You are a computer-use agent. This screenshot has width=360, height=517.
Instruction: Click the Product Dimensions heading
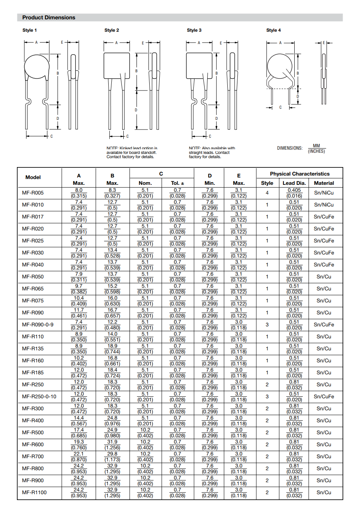tap(49, 17)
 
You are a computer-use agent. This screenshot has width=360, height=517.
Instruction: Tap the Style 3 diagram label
tap(194, 30)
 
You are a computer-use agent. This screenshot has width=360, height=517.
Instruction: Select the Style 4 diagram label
tap(273, 30)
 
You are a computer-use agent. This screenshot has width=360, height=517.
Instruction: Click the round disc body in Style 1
tap(37, 67)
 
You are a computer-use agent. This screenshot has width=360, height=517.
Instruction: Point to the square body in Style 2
tap(116, 66)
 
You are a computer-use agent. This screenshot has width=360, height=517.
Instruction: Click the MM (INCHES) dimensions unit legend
tap(316, 148)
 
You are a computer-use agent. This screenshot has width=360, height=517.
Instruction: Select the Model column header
tap(33, 177)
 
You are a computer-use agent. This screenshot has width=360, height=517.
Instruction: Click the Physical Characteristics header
tap(300, 174)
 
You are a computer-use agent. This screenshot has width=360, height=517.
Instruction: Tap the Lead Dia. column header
tap(294, 183)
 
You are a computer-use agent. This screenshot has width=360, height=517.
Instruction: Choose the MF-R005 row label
tap(33, 193)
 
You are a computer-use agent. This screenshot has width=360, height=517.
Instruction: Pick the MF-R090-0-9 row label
tap(38, 324)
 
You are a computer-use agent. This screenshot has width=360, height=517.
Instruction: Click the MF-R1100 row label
tap(34, 492)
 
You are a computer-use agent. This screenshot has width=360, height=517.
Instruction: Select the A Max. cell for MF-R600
tap(79, 444)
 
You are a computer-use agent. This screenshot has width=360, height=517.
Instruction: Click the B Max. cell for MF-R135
tap(112, 348)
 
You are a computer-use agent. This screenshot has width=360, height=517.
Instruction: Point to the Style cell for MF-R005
tap(267, 193)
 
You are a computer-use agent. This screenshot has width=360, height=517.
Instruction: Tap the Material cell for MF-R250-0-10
tap(324, 396)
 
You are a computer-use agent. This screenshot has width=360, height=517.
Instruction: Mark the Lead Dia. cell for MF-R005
tap(294, 193)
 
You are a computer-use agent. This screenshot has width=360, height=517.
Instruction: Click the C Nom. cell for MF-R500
tap(145, 432)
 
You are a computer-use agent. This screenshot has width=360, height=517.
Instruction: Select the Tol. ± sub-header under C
tap(177, 183)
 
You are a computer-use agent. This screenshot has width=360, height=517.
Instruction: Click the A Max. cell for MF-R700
tap(79, 456)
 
